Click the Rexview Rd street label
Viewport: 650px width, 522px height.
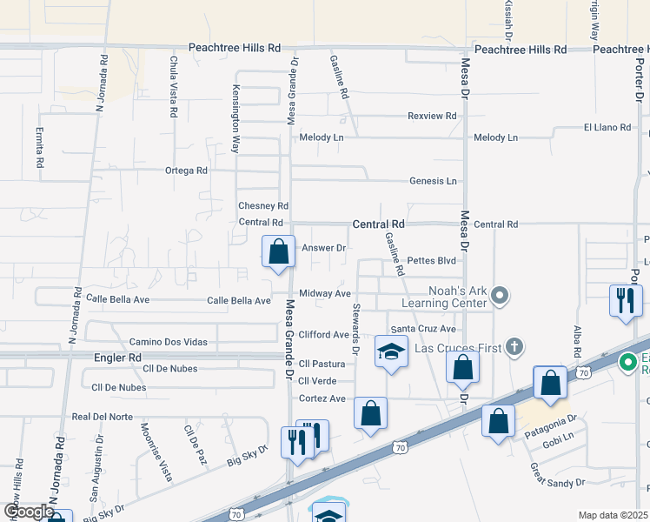(432, 116)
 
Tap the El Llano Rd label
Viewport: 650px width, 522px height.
(607, 128)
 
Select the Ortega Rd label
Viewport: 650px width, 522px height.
(186, 171)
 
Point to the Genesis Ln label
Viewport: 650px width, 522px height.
(433, 181)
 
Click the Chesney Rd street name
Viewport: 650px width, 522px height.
(263, 206)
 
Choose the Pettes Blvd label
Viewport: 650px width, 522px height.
(431, 260)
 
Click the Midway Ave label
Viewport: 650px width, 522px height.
(325, 294)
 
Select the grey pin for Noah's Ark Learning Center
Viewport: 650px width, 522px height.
(500, 297)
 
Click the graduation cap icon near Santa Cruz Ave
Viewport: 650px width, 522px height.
(391, 352)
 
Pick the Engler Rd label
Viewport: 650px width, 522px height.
(117, 358)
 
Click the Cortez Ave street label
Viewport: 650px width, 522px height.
(322, 398)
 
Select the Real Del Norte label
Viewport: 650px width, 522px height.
(102, 417)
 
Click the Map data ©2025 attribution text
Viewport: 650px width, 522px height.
(613, 515)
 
